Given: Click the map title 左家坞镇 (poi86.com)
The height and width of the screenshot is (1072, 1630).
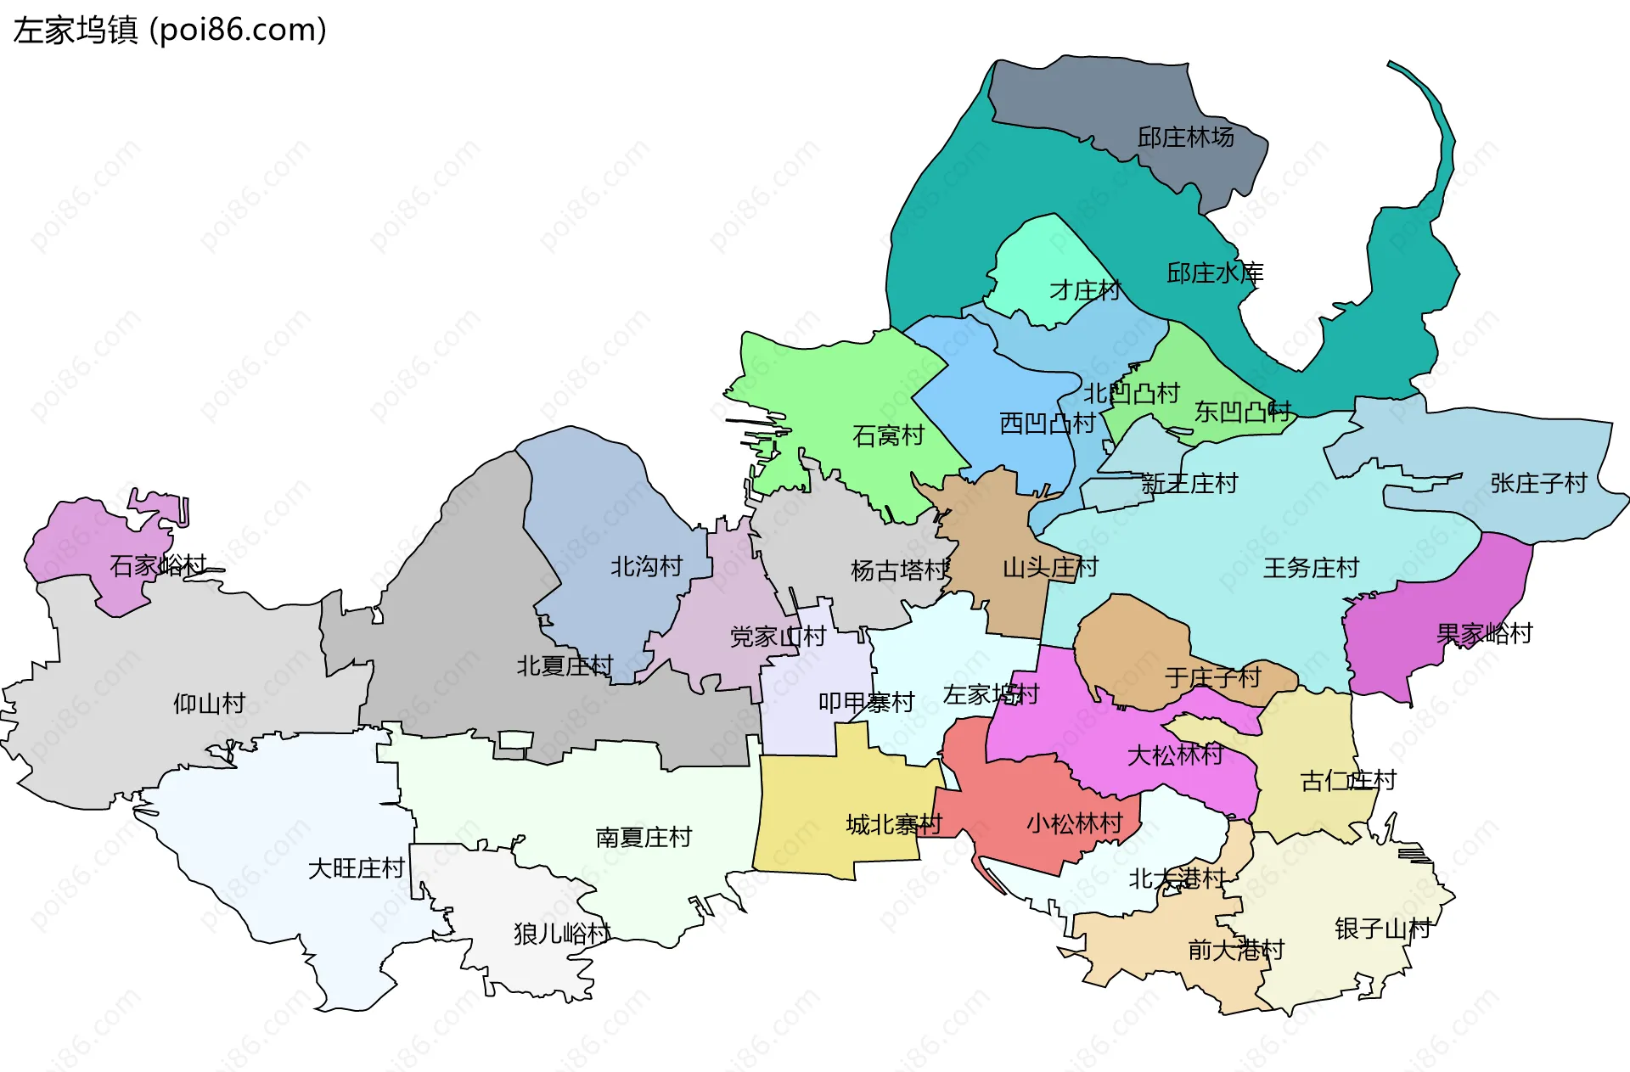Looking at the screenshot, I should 170,31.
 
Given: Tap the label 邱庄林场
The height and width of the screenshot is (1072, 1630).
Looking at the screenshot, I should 1185,137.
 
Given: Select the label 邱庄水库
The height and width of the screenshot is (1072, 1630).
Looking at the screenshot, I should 1214,273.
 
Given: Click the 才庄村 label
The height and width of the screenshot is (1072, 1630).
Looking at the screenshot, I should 1085,290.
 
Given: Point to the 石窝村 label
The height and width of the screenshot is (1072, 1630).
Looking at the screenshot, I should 888,435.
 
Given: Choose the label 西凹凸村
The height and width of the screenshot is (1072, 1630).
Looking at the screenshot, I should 1047,423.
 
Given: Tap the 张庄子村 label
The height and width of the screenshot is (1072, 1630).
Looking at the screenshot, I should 1538,483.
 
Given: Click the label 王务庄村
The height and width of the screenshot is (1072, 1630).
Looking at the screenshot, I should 1311,568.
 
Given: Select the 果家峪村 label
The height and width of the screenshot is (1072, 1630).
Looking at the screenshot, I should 1484,633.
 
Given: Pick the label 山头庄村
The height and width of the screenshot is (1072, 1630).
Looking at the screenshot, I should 1050,567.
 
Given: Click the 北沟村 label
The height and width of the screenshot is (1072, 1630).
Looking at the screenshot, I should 646,566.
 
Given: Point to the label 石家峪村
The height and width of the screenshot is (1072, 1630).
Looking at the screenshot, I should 158,564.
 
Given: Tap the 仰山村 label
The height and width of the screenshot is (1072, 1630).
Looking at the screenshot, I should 209,703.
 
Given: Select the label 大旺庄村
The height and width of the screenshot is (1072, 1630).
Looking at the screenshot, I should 356,868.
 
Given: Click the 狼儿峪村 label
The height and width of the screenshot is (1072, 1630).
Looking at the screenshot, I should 561,934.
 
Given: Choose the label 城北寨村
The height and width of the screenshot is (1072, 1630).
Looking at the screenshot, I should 893,824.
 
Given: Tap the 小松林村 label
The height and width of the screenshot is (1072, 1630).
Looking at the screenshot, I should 1074,823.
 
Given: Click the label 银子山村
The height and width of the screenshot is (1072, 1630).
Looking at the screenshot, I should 1382,929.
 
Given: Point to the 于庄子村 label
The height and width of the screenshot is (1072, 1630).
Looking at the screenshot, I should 1212,677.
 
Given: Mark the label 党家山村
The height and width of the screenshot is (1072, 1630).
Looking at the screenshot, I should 778,637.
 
